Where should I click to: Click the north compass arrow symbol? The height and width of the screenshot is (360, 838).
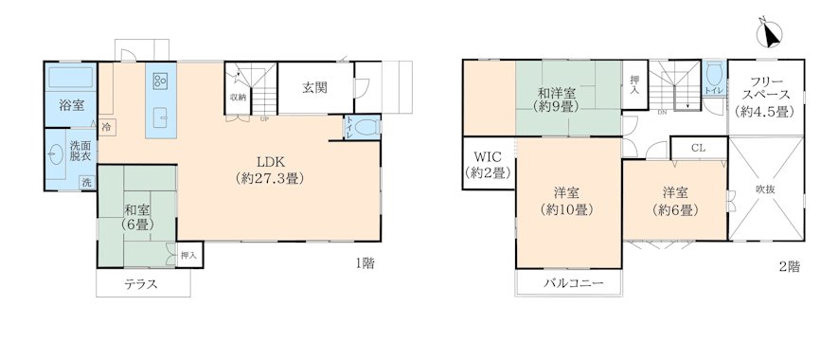pyautogui.click(x=770, y=34)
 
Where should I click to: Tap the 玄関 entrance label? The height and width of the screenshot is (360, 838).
pyautogui.click(x=314, y=88)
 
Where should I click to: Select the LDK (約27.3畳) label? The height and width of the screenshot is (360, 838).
pyautogui.click(x=271, y=171)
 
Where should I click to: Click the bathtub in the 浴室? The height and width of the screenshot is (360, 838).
pyautogui.click(x=70, y=77)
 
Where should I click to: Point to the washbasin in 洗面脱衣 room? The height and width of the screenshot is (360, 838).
pyautogui.click(x=53, y=156)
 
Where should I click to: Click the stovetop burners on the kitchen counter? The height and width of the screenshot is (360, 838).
pyautogui.click(x=160, y=81)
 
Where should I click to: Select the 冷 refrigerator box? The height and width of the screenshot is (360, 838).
pyautogui.click(x=106, y=127)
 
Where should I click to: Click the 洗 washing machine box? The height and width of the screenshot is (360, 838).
pyautogui.click(x=86, y=183)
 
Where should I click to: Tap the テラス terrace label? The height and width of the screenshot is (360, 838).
pyautogui.click(x=141, y=284)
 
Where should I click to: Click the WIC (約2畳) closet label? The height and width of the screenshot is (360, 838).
pyautogui.click(x=488, y=165)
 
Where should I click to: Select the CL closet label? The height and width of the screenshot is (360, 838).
pyautogui.click(x=698, y=148)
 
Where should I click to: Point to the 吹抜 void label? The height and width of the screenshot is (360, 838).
pyautogui.click(x=765, y=189)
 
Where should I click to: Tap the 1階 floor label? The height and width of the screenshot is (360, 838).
pyautogui.click(x=365, y=263)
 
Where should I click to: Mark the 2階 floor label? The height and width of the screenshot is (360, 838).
pyautogui.click(x=790, y=266)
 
